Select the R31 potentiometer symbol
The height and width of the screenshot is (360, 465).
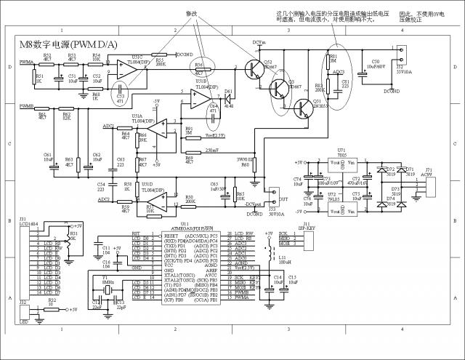click(70, 239)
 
